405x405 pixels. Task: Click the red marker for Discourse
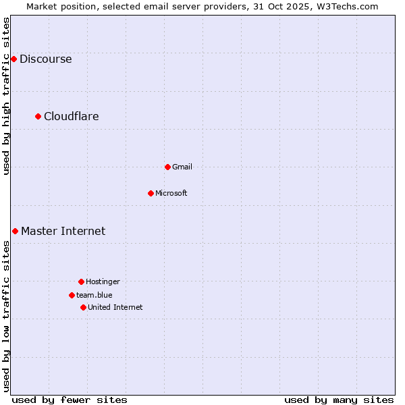click(13, 59)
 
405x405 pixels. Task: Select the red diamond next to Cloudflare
click(38, 117)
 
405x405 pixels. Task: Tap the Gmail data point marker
click(167, 167)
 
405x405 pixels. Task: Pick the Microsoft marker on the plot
click(151, 194)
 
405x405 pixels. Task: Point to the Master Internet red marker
click(15, 232)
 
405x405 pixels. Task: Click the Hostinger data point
click(81, 281)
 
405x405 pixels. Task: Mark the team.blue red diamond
click(72, 295)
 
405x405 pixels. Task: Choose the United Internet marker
click(83, 307)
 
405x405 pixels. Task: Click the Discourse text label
click(45, 59)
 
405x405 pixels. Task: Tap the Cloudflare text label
click(72, 117)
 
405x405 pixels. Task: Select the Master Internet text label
click(63, 232)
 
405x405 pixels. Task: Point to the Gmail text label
click(182, 167)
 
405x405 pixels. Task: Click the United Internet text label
click(115, 307)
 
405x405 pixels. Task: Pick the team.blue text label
click(94, 295)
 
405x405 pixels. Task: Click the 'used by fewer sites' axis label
click(70, 400)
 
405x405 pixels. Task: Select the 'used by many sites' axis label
click(339, 400)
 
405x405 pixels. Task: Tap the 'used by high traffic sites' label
click(7, 96)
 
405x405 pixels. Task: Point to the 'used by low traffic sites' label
click(7, 317)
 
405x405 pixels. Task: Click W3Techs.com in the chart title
click(349, 6)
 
